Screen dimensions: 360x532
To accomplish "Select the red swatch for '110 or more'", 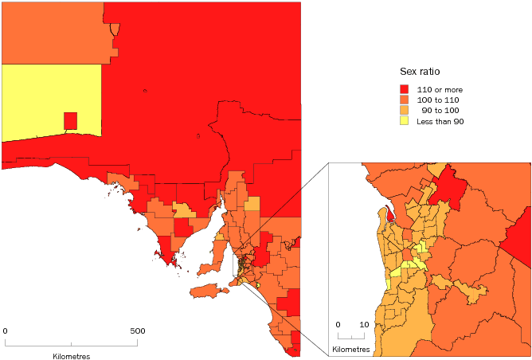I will pyautogui.click(x=405, y=90).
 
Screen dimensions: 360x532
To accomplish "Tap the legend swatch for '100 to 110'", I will pyautogui.click(x=405, y=100).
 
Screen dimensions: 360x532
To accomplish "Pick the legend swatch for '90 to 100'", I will pyautogui.click(x=405, y=111).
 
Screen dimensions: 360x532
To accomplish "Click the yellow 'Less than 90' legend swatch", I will pyautogui.click(x=405, y=121).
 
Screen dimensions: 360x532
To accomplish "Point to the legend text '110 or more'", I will pyautogui.click(x=440, y=90).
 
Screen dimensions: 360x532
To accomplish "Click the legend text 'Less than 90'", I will pyautogui.click(x=440, y=122).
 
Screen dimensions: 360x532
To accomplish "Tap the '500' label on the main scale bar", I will pyautogui.click(x=138, y=331).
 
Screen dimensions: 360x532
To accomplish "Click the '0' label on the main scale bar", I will pyautogui.click(x=6, y=331).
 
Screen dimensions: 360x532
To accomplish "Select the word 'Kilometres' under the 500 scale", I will pyautogui.click(x=71, y=356).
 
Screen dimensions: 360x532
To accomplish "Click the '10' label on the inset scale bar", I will pyautogui.click(x=364, y=325).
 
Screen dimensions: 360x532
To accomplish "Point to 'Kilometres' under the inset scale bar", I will pyautogui.click(x=350, y=350).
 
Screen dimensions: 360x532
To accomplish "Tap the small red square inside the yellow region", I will pyautogui.click(x=70, y=121).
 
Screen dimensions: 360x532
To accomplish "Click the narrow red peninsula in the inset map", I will pyautogui.click(x=389, y=214).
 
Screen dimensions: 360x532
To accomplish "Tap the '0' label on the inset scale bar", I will pyautogui.click(x=338, y=325).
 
